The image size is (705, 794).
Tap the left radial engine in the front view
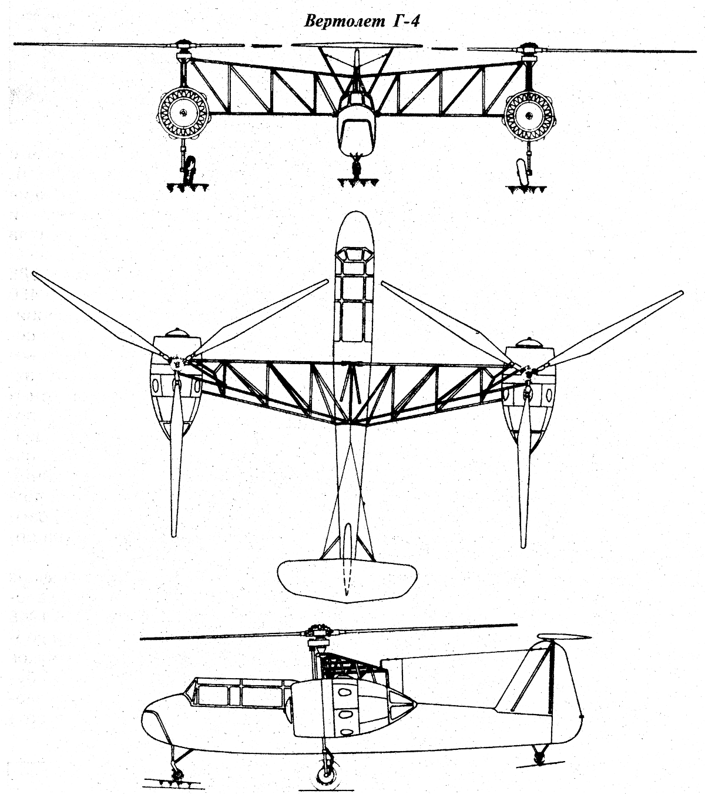click(x=183, y=114)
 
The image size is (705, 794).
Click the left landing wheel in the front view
click(x=190, y=169)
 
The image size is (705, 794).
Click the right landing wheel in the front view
click(x=522, y=171)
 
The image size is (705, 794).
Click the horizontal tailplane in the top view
click(x=347, y=581)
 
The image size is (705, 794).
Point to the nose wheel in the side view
click(x=177, y=762)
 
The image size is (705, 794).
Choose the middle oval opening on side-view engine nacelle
click(x=345, y=714)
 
